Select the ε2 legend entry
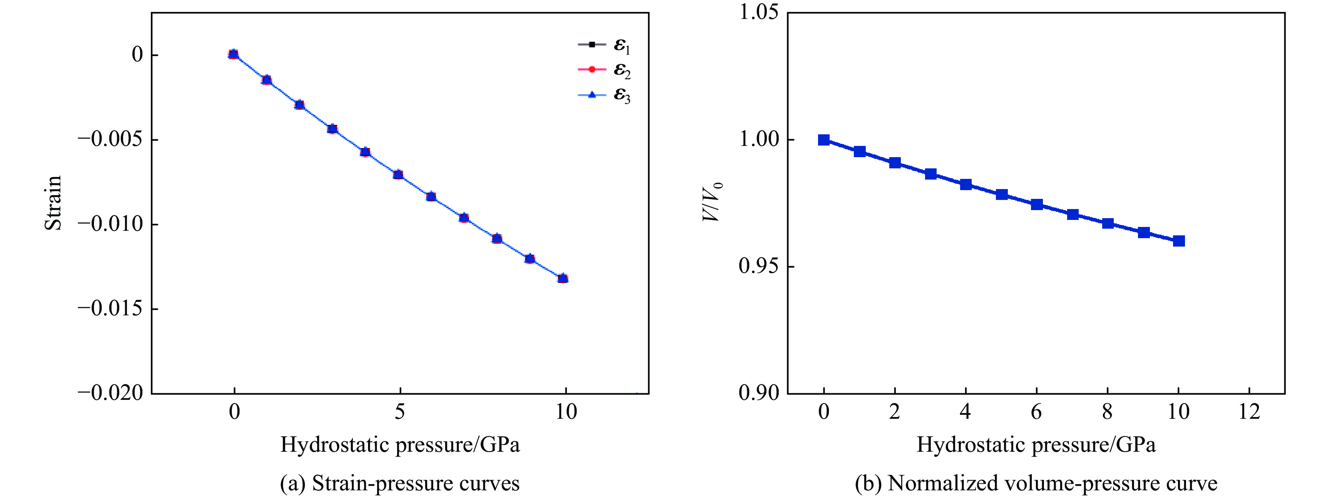pyautogui.click(x=604, y=70)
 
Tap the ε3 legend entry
pyautogui.click(x=604, y=95)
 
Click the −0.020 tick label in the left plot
pyautogui.click(x=110, y=393)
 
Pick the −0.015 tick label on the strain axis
pyautogui.click(x=110, y=308)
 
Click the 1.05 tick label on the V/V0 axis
pyautogui.click(x=759, y=12)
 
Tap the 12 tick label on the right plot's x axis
pyautogui.click(x=1249, y=411)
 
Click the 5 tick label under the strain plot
pyautogui.click(x=400, y=411)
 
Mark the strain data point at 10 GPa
pyautogui.click(x=563, y=278)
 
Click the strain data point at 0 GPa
pyautogui.click(x=233, y=54)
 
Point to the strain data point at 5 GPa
pyautogui.click(x=398, y=174)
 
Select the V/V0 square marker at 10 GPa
pyautogui.click(x=1179, y=241)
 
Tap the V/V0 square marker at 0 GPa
pyautogui.click(x=824, y=140)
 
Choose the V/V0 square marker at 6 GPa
pyautogui.click(x=1037, y=204)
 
